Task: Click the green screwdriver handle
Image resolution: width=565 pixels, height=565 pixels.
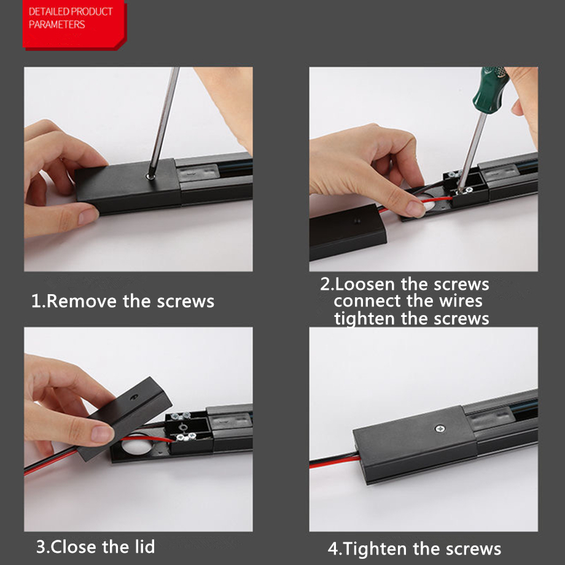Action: (x=490, y=90)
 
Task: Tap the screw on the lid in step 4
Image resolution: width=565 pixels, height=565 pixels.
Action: (x=440, y=429)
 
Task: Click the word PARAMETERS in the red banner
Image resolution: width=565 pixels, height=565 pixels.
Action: (x=57, y=25)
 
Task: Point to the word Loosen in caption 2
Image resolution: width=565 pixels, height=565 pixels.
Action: (x=365, y=284)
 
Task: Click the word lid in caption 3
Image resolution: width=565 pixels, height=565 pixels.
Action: (x=145, y=546)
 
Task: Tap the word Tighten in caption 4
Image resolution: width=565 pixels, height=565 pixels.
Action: (x=375, y=549)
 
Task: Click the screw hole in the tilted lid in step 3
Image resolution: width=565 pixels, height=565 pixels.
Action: (x=134, y=397)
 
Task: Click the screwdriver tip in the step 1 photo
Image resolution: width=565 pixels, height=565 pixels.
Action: (x=150, y=177)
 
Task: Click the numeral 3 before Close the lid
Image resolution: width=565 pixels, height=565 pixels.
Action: (x=41, y=547)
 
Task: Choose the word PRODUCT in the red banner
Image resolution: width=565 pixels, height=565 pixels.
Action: (x=92, y=12)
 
